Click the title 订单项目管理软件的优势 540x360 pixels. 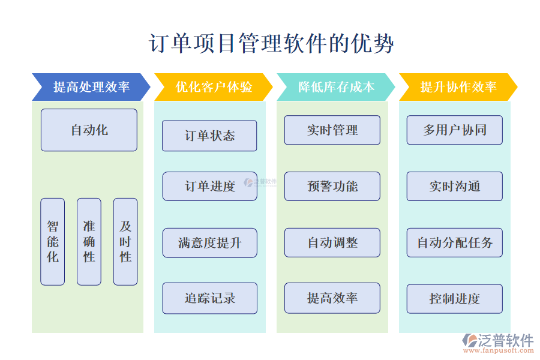coord(271,44)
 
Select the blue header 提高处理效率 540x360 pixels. coord(91,87)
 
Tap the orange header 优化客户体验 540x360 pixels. coord(214,87)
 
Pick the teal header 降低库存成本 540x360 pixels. coord(336,87)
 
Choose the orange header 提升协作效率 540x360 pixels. coord(458,87)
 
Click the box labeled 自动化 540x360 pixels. coord(89,130)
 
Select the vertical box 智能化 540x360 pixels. coord(53,241)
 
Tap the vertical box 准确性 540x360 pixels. coord(89,241)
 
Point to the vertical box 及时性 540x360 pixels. coord(125,241)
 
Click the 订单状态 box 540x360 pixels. coord(209,136)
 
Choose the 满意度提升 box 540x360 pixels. coord(209,243)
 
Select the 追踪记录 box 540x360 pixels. coord(209,298)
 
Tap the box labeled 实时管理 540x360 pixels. coord(332,130)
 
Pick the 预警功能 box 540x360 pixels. coord(332,186)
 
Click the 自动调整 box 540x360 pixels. coord(332,242)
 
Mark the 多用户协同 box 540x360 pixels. coord(455,130)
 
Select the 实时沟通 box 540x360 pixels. coord(455,186)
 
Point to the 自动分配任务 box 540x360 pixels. coord(455,242)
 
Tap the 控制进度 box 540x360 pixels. coord(455,299)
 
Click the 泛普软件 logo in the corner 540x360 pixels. coord(497,343)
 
